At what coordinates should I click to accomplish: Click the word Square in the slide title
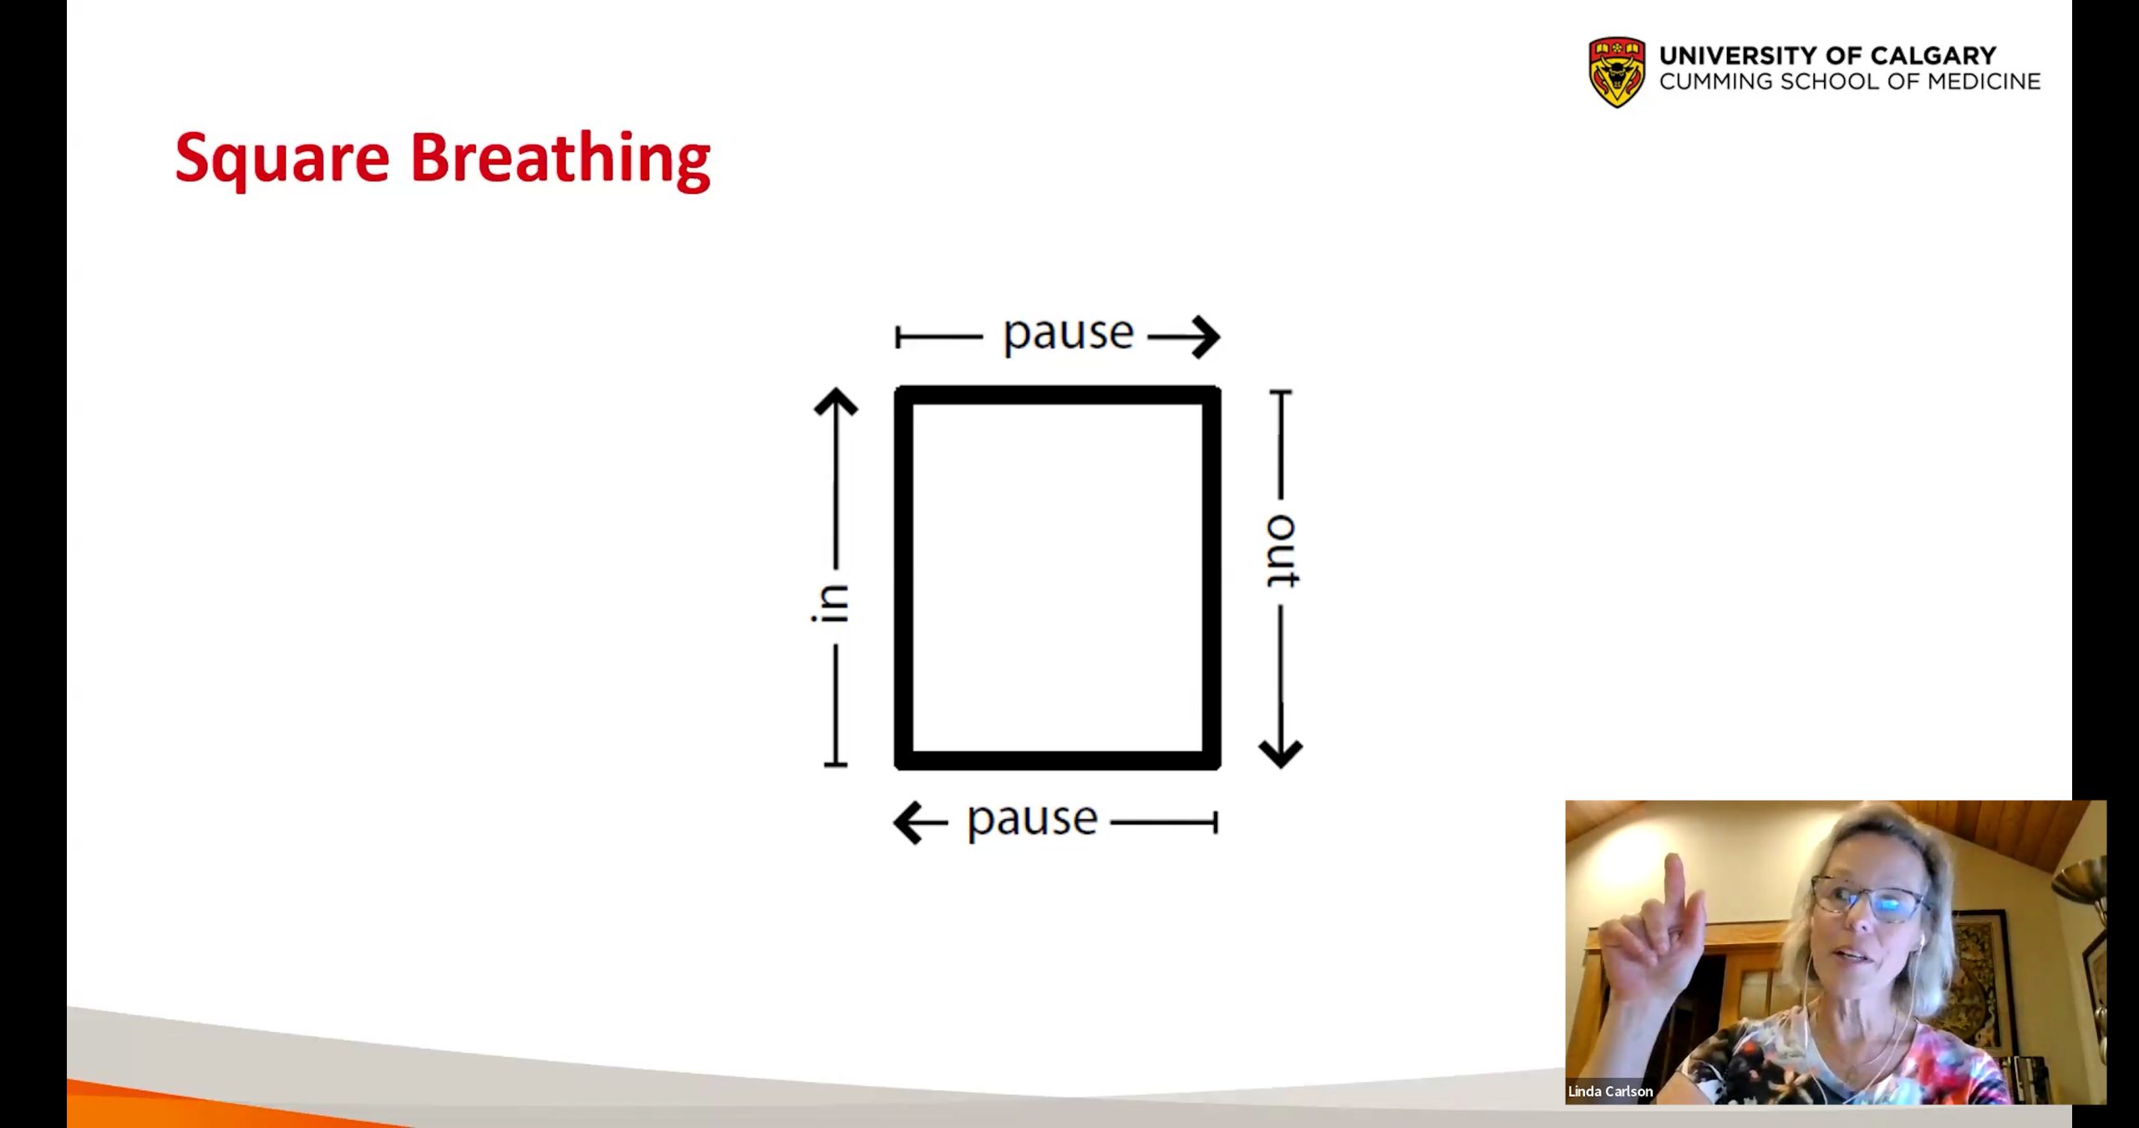[282, 159]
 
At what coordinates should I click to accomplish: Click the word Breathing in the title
[561, 159]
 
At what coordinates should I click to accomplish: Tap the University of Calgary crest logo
[1617, 72]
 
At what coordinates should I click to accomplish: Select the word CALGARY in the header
[1933, 56]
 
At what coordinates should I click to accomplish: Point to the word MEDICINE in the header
[1984, 82]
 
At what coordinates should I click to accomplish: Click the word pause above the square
[1068, 333]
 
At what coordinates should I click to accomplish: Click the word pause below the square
[1032, 820]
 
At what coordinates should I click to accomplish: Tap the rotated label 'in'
[830, 603]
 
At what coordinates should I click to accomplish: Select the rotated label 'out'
[1282, 551]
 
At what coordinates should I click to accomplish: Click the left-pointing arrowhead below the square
[909, 823]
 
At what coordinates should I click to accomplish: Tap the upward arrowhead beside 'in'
[836, 402]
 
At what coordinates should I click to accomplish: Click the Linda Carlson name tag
[1610, 1091]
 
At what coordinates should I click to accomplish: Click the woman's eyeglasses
[1870, 901]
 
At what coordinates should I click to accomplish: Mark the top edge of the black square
[1058, 395]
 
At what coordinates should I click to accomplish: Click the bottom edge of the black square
[1058, 760]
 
